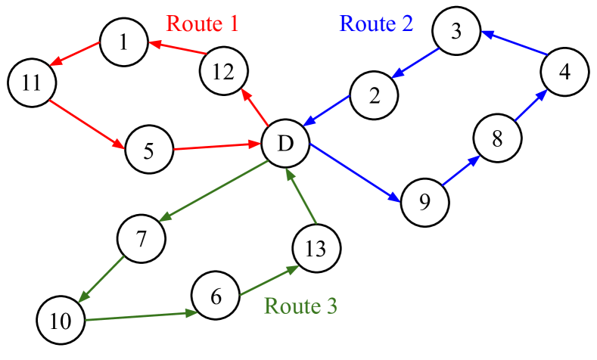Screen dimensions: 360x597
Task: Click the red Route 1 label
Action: (x=202, y=23)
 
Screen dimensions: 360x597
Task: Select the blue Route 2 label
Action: (x=376, y=23)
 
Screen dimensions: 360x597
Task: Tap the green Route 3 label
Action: (x=300, y=306)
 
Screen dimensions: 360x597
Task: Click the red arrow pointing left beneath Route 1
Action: (x=178, y=48)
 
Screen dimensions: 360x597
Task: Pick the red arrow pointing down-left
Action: (x=74, y=54)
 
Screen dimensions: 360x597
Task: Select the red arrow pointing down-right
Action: (x=87, y=124)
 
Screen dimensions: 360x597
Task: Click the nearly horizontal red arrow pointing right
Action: (x=217, y=146)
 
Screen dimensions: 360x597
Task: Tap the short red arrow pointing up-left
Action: (x=255, y=107)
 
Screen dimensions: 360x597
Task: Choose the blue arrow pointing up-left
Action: (x=514, y=43)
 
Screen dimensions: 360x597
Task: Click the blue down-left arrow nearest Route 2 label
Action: (x=415, y=63)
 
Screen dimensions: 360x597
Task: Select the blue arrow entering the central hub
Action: (x=326, y=110)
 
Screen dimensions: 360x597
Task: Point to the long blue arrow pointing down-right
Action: (x=354, y=172)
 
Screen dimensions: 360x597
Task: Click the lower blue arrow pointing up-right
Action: (x=461, y=170)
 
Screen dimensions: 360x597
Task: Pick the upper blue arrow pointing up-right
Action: (x=531, y=104)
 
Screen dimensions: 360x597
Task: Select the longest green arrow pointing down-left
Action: (x=213, y=191)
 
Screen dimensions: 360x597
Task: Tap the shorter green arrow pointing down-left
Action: (x=101, y=279)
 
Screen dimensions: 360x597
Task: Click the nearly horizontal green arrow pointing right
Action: (x=141, y=316)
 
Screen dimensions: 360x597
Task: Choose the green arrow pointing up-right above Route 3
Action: (x=269, y=281)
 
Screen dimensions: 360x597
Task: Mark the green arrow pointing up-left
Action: (x=301, y=196)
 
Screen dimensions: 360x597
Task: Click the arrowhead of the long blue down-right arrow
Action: (x=395, y=198)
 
